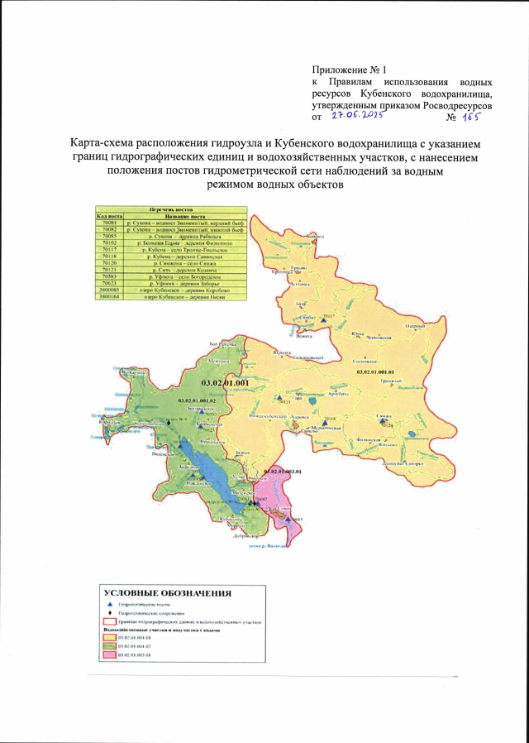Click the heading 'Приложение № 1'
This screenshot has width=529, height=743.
click(349, 68)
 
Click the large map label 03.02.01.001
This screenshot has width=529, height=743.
click(226, 384)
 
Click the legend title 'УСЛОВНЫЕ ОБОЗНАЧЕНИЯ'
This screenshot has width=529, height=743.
click(167, 593)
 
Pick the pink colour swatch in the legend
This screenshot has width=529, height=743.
click(107, 654)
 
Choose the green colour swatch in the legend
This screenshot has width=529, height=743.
click(107, 645)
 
